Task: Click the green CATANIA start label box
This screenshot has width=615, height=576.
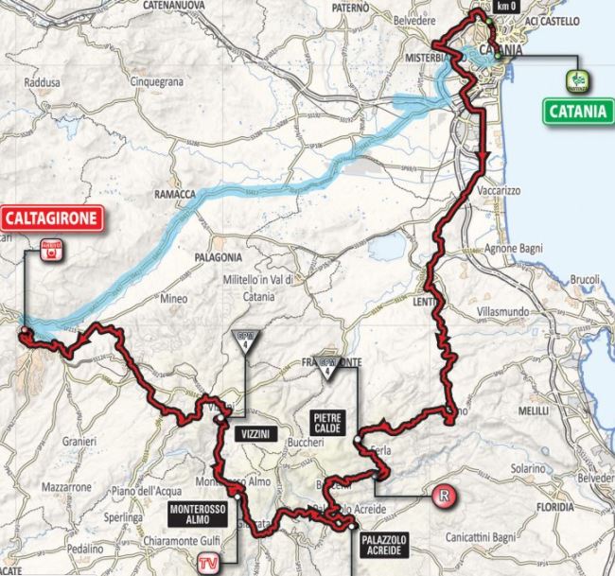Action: tap(575, 110)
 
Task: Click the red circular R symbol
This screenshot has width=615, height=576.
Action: tap(441, 495)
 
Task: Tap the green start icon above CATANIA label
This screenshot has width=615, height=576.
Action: tap(575, 79)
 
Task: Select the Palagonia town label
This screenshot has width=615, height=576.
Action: tap(219, 257)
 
